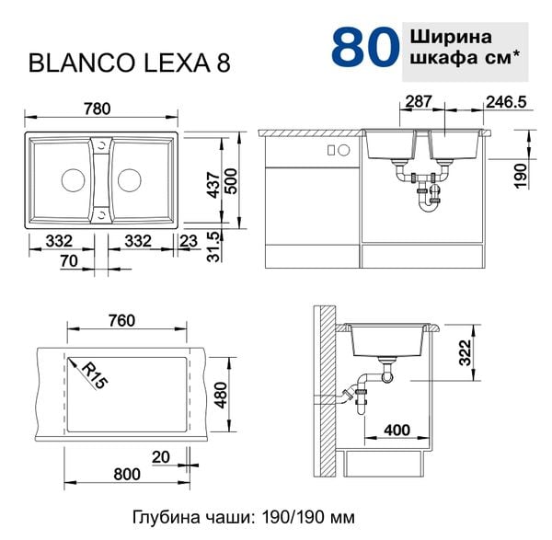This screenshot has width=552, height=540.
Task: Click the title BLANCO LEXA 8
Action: (129, 63)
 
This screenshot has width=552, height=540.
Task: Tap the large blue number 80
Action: (365, 47)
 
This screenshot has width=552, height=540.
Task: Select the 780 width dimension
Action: (98, 109)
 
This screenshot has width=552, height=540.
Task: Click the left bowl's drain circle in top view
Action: (73, 180)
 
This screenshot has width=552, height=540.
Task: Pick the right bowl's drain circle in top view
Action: (130, 180)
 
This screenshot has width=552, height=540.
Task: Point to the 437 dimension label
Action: (213, 185)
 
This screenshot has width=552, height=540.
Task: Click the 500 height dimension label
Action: (231, 181)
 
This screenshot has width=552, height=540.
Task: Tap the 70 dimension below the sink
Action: (69, 261)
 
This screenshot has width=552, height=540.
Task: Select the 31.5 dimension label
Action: (213, 247)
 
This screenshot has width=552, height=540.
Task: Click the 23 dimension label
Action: (189, 241)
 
